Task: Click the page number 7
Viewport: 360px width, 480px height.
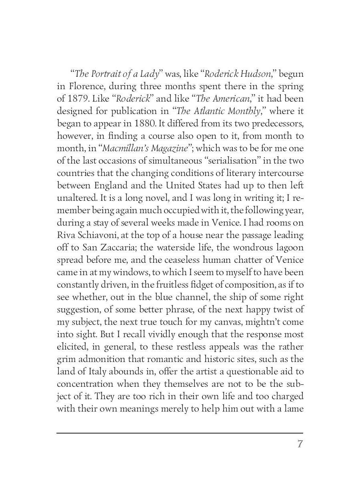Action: pos(299,444)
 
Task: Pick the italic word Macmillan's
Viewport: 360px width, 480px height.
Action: pos(124,148)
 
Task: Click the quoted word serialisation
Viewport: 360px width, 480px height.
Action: pos(228,161)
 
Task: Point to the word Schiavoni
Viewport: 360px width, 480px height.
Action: pos(96,235)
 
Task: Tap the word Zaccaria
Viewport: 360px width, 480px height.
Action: pos(109,248)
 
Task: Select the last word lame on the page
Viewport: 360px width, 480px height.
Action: pos(293,409)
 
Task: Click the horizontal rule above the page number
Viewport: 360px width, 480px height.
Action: pos(180,433)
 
